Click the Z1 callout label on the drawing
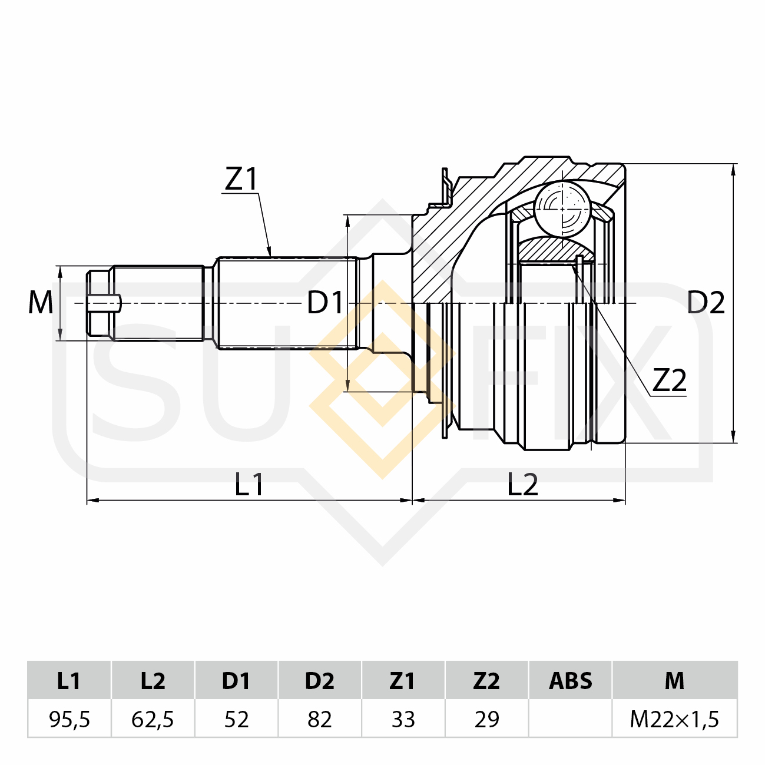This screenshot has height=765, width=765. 241,179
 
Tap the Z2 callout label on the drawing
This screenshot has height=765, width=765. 670,380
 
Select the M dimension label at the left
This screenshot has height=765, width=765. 41,303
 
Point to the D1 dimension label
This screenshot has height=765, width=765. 324,303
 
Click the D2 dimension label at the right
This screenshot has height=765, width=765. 706,303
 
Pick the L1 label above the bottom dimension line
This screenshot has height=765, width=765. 249,484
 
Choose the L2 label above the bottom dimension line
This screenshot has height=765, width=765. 522,484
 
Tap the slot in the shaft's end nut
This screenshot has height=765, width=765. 104,304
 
